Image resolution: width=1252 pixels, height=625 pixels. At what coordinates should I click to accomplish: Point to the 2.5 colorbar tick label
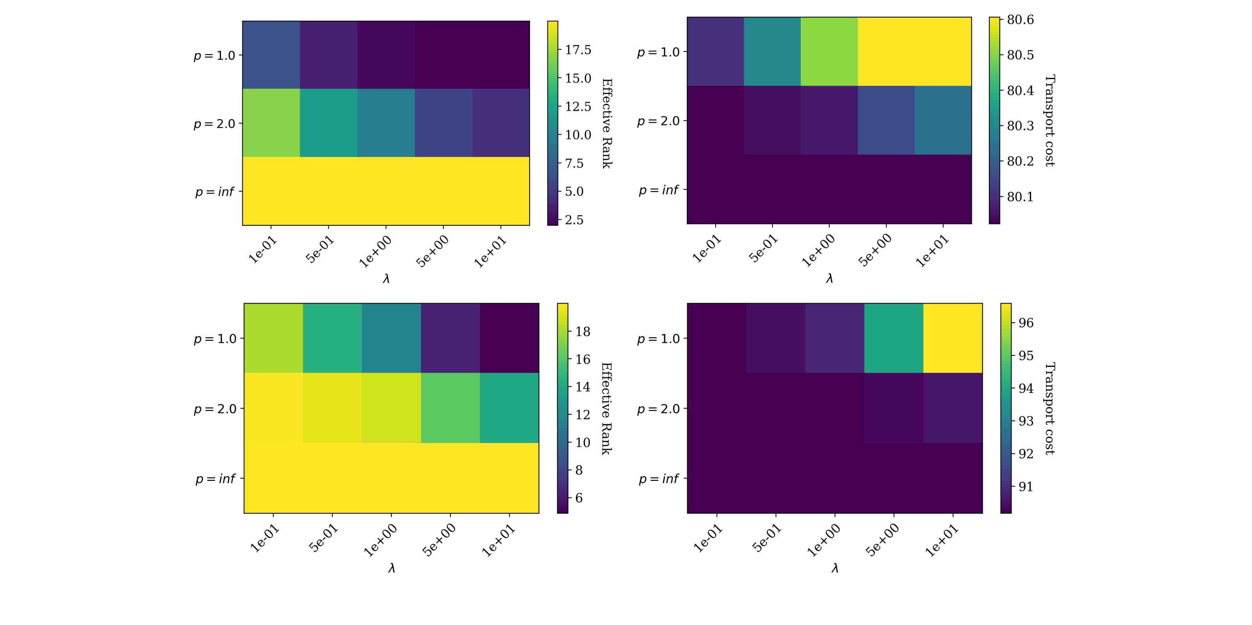pos(574,220)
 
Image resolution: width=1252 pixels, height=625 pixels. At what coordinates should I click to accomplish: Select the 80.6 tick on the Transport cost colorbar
pos(1020,20)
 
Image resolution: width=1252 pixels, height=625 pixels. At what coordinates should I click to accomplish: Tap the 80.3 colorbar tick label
pos(1020,126)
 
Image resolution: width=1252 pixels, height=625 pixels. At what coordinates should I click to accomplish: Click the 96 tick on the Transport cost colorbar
pos(1026,323)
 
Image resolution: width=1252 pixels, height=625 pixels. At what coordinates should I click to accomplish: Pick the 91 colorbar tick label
pos(1026,487)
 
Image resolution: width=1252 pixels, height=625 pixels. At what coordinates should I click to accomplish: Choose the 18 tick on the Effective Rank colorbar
pos(583,332)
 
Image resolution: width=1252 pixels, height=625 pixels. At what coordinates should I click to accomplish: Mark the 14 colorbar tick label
pos(583,387)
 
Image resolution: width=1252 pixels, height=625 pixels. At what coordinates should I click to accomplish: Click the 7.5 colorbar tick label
pos(574,163)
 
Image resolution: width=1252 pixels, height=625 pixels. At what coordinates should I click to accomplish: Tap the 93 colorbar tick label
pos(1026,421)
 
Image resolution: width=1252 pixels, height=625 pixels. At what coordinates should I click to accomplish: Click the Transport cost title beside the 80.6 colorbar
pos(1050,121)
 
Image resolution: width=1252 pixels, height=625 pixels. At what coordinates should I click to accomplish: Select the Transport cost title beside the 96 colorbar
pos(1050,409)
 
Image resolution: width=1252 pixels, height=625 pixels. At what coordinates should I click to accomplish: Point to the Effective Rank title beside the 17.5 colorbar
pos(606,123)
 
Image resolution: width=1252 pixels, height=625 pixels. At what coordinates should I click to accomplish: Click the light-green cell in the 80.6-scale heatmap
pos(829,52)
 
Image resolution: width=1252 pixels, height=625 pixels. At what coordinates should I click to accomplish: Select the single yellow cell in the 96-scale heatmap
pos(953,338)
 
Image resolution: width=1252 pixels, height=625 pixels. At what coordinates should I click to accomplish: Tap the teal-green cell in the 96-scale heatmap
pos(894,338)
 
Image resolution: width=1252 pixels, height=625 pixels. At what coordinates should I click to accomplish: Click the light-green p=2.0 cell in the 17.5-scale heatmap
pos(271,123)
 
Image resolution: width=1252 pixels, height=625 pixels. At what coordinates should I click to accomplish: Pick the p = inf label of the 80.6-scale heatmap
pos(658,190)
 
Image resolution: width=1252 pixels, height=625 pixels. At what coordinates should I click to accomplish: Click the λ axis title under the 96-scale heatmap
pos(834,568)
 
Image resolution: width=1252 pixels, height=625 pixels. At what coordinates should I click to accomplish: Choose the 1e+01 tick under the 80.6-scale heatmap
pos(930,251)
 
